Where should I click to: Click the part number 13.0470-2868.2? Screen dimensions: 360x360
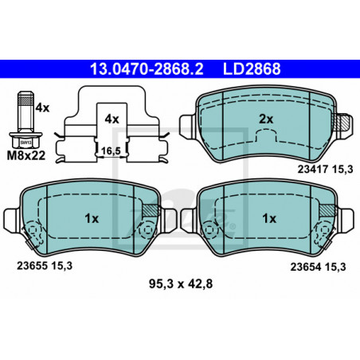pos(147,69)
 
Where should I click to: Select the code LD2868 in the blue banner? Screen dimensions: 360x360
pos(252,69)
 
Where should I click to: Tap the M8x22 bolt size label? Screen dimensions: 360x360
pos(26,155)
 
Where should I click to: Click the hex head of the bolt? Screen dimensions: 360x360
pos(25,140)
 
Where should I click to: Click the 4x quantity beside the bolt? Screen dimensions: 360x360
pos(42,108)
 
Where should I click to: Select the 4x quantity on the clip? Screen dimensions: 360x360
pos(112,119)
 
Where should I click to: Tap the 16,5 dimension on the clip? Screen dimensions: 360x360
pos(111,151)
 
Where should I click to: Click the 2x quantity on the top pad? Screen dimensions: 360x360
pos(266,119)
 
